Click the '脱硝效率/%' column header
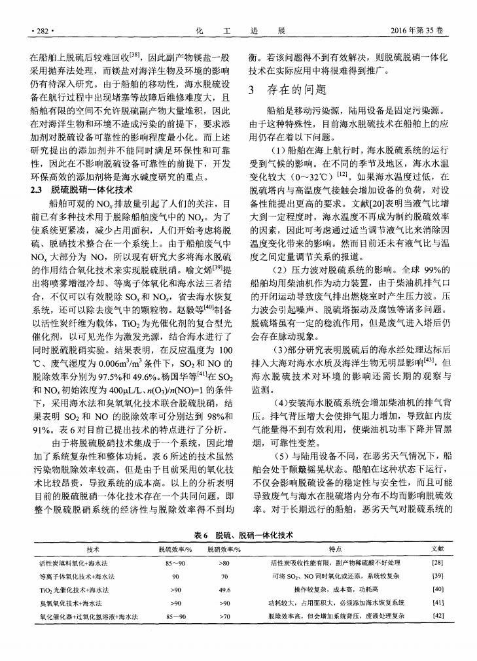(x=224, y=548)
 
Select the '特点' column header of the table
(x=338, y=548)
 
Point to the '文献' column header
(x=438, y=548)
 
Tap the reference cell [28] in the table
(x=438, y=562)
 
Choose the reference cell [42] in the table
(x=438, y=616)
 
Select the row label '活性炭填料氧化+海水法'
(x=80, y=562)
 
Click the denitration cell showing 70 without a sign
(x=224, y=576)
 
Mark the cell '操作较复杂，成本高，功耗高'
(x=338, y=589)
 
